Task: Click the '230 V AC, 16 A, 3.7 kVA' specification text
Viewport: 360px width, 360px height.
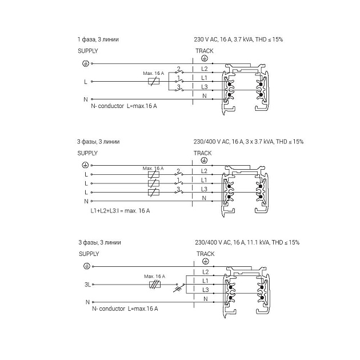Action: (238, 39)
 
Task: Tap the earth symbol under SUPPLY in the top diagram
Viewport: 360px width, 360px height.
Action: (85, 63)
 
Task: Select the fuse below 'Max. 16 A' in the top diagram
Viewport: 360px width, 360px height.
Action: (153, 81)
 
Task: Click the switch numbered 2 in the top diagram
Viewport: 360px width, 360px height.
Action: (179, 72)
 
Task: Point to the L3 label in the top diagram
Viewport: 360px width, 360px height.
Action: (204, 86)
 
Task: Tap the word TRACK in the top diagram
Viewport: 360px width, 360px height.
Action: (204, 51)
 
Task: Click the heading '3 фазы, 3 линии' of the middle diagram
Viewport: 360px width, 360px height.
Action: (99, 141)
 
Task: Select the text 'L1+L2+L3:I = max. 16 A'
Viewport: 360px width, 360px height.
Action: (120, 211)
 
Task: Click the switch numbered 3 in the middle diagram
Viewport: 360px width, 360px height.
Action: (179, 193)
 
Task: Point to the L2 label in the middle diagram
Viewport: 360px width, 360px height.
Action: (204, 171)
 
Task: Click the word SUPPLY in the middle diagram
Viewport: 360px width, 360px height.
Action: (88, 153)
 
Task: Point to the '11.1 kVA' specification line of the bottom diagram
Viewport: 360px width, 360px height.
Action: (246, 242)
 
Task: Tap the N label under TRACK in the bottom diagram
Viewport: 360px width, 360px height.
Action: (205, 299)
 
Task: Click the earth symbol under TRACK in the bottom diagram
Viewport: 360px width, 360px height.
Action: (205, 262)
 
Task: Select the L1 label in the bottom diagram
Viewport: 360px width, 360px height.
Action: (205, 281)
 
